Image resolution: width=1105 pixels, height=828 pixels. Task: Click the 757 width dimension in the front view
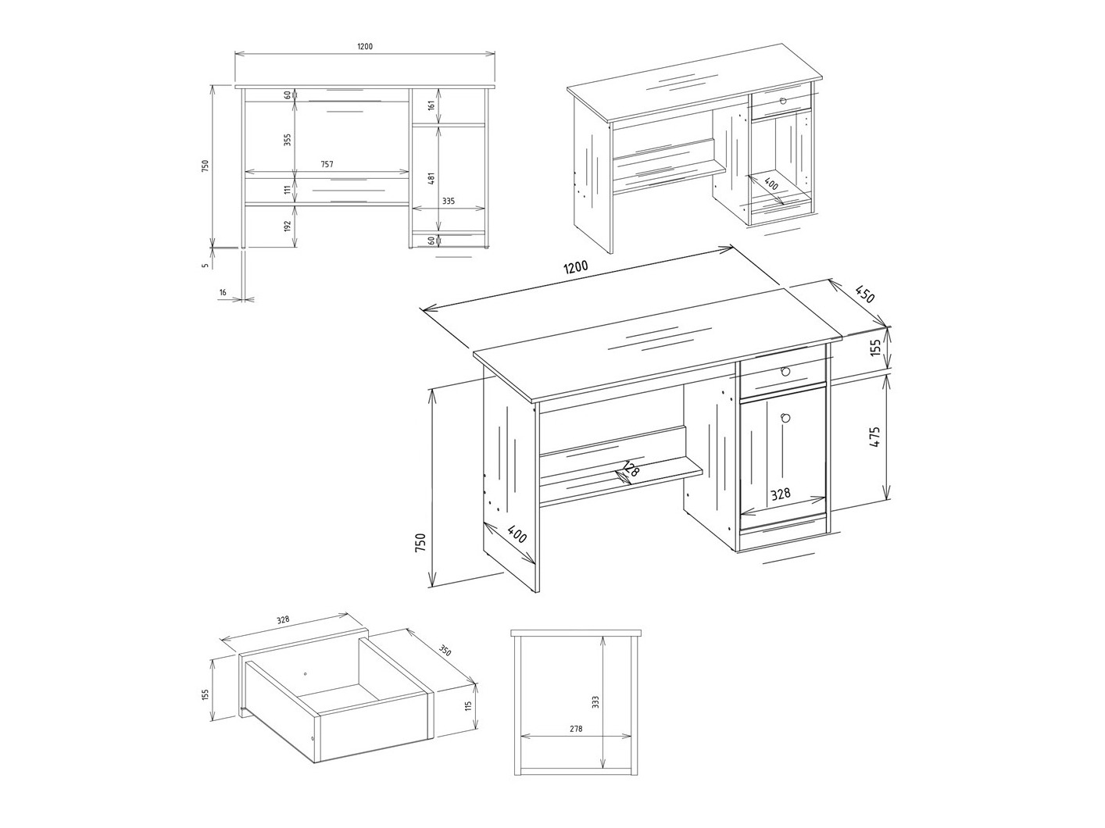pyautogui.click(x=327, y=165)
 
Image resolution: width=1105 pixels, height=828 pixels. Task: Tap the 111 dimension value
pyautogui.click(x=288, y=190)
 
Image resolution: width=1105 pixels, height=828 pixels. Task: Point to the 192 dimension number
pyautogui.click(x=288, y=226)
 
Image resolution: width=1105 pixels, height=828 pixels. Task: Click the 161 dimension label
pyautogui.click(x=431, y=105)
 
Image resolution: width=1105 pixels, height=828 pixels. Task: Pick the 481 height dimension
pyautogui.click(x=431, y=177)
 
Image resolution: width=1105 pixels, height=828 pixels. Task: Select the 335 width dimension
pyautogui.click(x=448, y=202)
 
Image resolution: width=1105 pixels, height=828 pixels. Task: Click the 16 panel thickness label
pyautogui.click(x=223, y=292)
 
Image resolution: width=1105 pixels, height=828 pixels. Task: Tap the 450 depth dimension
pyautogui.click(x=864, y=295)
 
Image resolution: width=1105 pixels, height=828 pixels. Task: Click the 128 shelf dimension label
pyautogui.click(x=630, y=471)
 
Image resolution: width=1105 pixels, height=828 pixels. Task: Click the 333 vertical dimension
pyautogui.click(x=595, y=702)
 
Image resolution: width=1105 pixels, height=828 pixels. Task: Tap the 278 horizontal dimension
pyautogui.click(x=576, y=729)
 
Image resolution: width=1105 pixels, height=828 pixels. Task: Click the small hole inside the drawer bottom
pyautogui.click(x=305, y=673)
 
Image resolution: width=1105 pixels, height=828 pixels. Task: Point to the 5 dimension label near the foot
pyautogui.click(x=205, y=266)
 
